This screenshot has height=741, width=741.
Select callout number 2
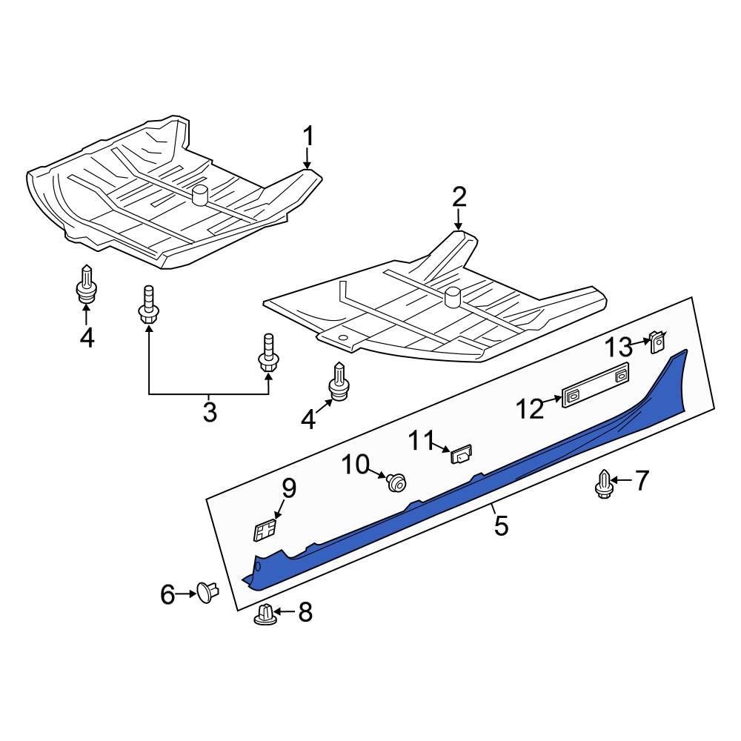pyautogui.click(x=459, y=198)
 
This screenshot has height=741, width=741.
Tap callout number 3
pyautogui.click(x=210, y=411)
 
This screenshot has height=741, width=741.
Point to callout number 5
pyautogui.click(x=501, y=525)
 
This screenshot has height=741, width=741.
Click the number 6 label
pyautogui.click(x=167, y=594)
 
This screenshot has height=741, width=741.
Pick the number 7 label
pyautogui.click(x=641, y=481)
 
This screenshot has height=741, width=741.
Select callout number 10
pyautogui.click(x=356, y=465)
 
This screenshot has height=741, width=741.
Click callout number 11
pyautogui.click(x=421, y=441)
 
